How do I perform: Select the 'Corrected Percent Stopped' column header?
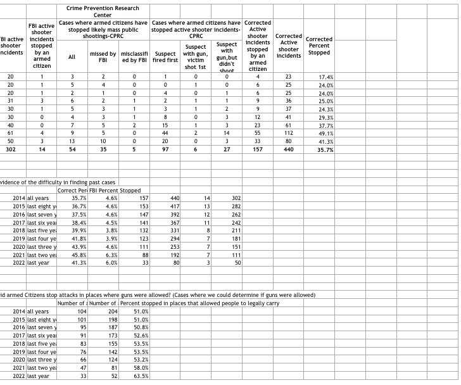pos(319,46)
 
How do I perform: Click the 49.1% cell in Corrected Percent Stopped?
pos(325,133)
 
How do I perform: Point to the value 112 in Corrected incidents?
pos(289,133)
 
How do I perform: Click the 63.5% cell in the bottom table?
pos(141,376)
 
